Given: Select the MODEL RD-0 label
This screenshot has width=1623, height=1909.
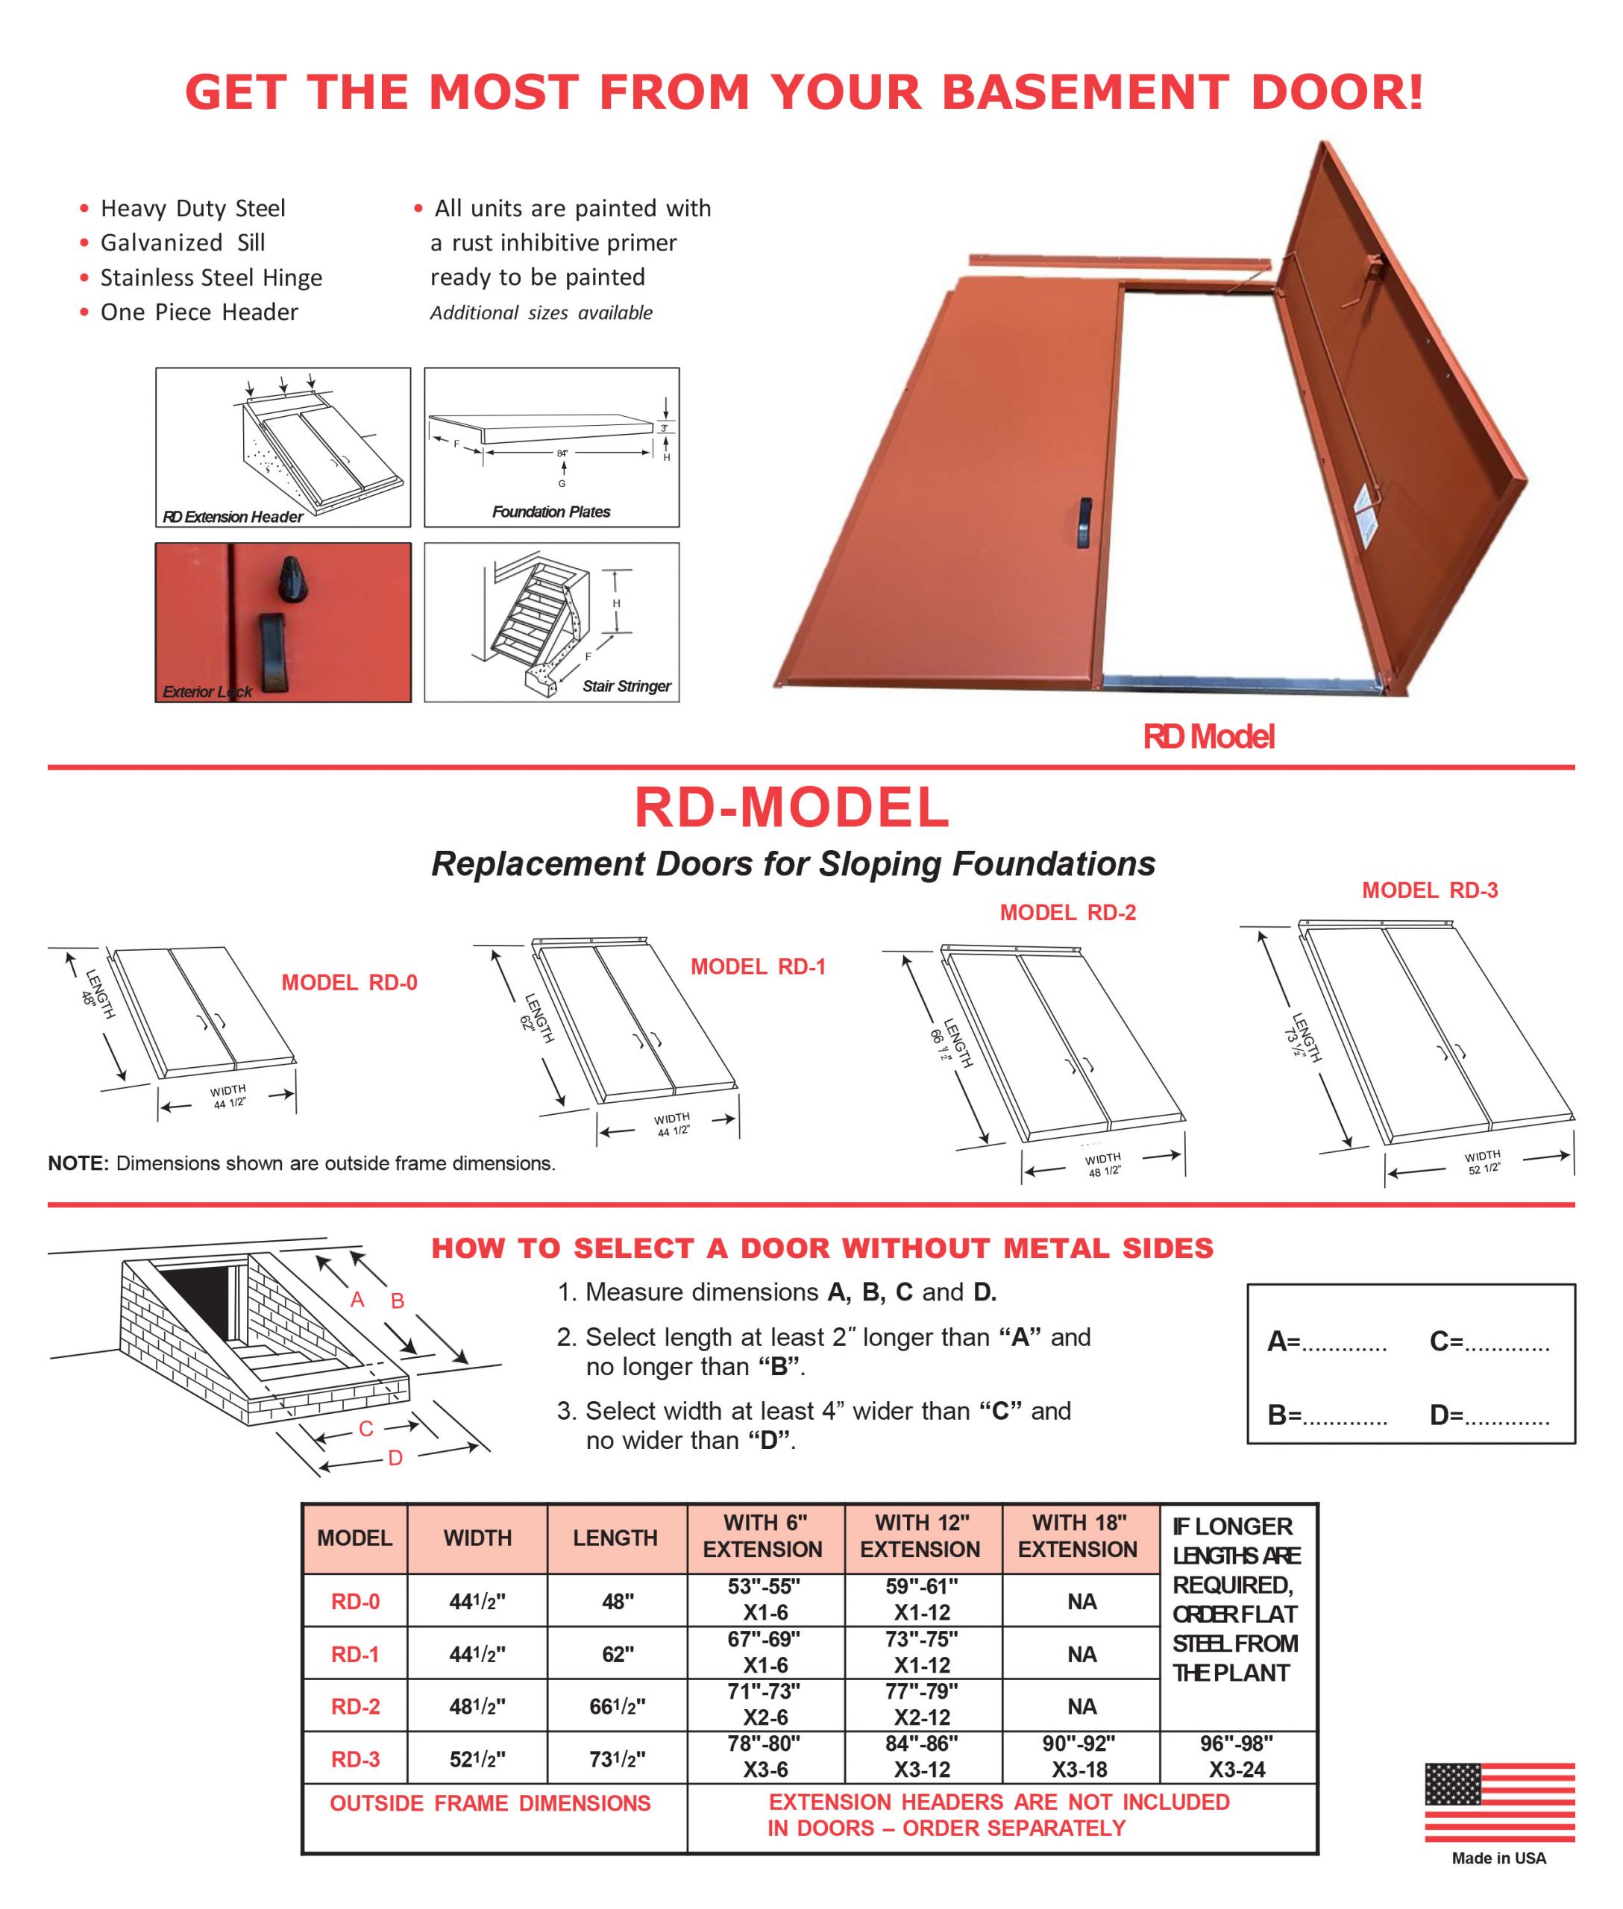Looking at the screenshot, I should point(349,983).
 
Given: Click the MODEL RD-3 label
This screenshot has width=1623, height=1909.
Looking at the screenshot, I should point(1430,890).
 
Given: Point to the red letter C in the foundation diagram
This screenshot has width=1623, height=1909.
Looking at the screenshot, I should point(365,1429).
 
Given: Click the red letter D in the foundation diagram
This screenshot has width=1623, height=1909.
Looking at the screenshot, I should point(395,1458).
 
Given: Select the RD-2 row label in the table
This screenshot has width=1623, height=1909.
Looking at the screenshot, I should point(355,1707).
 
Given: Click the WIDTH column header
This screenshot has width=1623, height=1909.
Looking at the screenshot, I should point(477,1538).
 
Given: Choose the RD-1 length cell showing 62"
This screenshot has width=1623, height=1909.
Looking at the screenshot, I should point(616,1654).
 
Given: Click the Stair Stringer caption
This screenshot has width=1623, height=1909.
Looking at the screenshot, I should point(627,685).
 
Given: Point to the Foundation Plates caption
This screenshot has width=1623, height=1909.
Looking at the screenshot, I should point(550,512).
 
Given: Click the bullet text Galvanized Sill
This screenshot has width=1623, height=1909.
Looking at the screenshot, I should point(182,243).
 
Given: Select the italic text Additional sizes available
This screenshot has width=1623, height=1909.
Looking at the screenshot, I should point(541,312).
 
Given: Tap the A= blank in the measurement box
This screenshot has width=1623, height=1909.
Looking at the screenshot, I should point(1327,1342).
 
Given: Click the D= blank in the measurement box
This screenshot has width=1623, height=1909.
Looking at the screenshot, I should point(1489,1415).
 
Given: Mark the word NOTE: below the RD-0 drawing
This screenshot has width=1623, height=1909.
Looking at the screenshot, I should point(78,1163).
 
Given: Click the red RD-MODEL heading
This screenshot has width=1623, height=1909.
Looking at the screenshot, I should point(791,807).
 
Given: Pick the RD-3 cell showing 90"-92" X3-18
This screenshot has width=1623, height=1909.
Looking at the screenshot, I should point(1079,1756).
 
